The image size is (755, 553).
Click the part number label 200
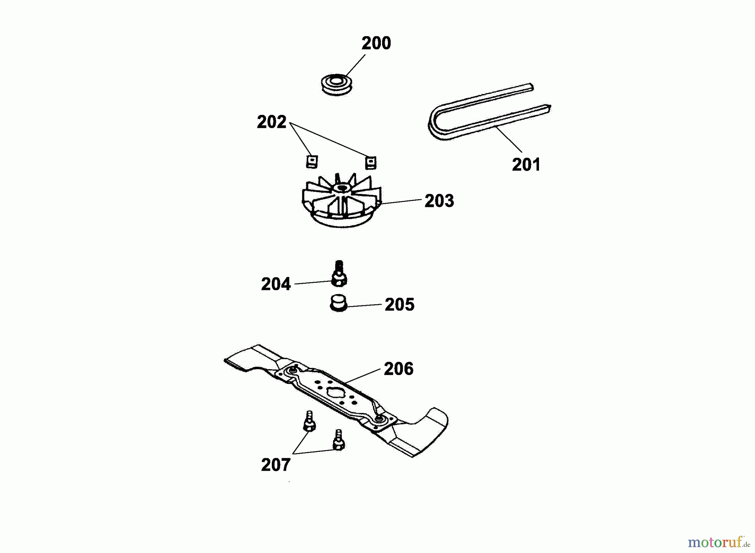[376, 43]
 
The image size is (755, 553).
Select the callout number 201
[526, 164]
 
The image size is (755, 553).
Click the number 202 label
[271, 122]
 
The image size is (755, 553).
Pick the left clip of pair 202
[312, 162]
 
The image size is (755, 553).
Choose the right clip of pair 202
[370, 162]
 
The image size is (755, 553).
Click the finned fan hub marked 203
[341, 201]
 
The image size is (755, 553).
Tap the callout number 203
[439, 201]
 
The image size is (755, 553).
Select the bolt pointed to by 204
[339, 274]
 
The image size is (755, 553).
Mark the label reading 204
[276, 284]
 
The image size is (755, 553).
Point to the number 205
[399, 305]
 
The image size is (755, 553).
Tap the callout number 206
[398, 369]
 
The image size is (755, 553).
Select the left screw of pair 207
[309, 421]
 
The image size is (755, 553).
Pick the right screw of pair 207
[338, 440]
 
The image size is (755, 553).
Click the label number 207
[276, 465]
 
